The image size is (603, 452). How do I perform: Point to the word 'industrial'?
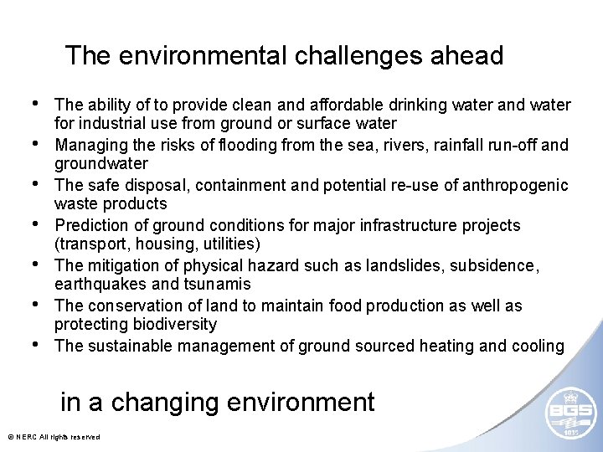pyautogui.click(x=112, y=124)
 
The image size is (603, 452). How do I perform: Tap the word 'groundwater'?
pyautogui.click(x=101, y=164)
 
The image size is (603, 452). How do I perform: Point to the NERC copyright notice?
pyautogui.click(x=53, y=437)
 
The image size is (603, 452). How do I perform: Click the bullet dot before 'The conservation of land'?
pyautogui.click(x=36, y=305)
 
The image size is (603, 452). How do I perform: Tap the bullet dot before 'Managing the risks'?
pyautogui.click(x=36, y=144)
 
